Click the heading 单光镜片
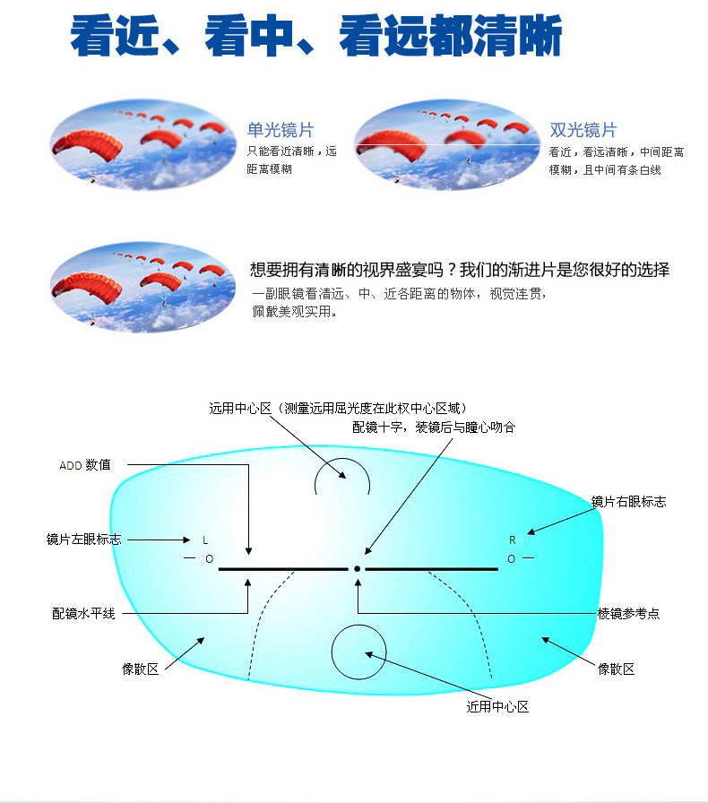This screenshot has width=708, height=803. point(281,131)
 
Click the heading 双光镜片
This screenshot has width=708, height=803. point(583,131)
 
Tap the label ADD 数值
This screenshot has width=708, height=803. point(85,465)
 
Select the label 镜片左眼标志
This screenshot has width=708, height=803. point(83,540)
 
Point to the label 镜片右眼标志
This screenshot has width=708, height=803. point(628,501)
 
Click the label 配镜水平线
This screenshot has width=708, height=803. point(83,614)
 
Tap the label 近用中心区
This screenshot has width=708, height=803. point(497,706)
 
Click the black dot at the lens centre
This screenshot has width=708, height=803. point(357,568)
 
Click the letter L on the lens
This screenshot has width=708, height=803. point(205,540)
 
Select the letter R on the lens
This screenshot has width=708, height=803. point(513,540)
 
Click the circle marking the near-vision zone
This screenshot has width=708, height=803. point(358,652)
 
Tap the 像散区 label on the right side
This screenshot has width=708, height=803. point(617,669)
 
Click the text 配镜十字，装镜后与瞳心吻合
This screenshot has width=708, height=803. point(434,427)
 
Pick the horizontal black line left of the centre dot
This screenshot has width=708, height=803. point(282,569)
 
